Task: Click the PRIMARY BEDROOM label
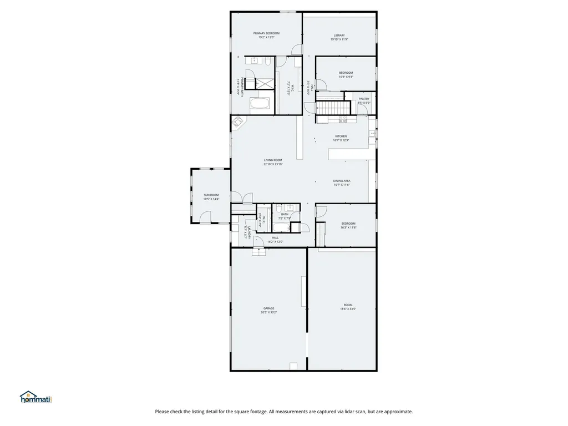tap(266, 33)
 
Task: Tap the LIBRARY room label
tap(339, 35)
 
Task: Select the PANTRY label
tap(364, 99)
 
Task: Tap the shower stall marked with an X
tap(264, 83)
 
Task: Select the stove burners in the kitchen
tap(336, 120)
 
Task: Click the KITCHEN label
tap(341, 136)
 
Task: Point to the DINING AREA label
tap(341, 181)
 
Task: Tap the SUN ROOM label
tap(211, 195)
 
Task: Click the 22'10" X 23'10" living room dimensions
tap(273, 164)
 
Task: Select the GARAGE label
tap(268, 308)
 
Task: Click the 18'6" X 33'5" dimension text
tap(348, 309)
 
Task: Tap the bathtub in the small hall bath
tap(282, 227)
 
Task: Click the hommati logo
tap(35, 397)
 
